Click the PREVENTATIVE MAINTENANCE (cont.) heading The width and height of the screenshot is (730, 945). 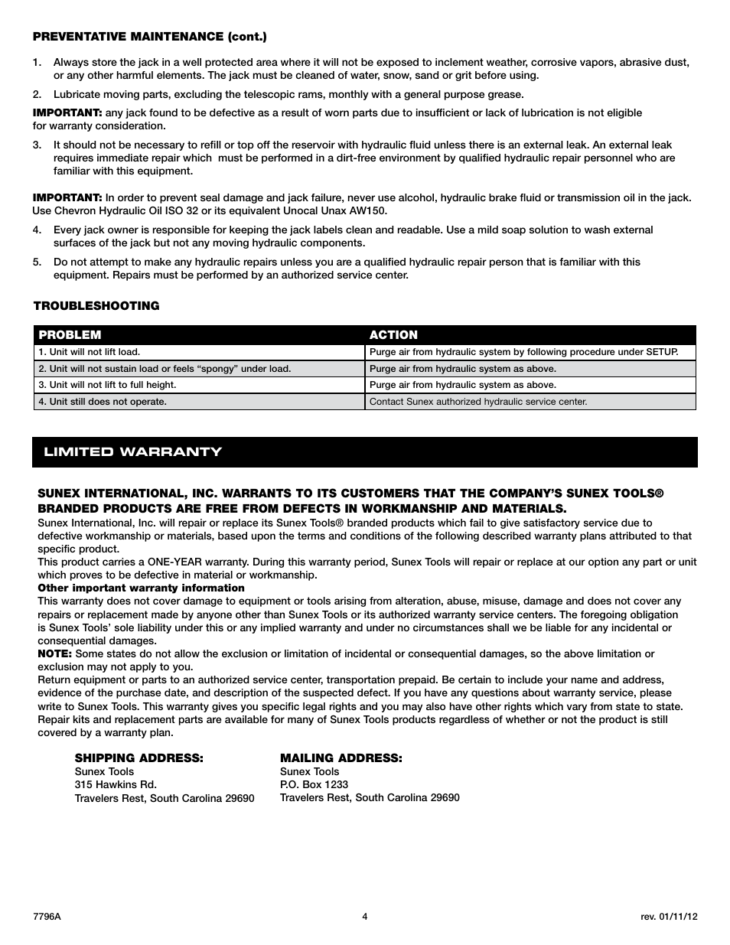pos(149,36)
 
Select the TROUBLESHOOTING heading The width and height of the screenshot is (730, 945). pos(96,306)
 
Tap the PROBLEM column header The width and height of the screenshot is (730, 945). pos(70,335)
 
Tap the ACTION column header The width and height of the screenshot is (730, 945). pos(393,335)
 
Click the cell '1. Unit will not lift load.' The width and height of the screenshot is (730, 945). pos(90,353)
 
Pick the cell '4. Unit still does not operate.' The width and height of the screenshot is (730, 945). pos(103,402)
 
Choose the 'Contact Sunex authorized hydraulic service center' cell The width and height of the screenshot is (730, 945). pos(478,402)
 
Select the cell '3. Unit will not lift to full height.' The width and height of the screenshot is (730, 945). pos(107,385)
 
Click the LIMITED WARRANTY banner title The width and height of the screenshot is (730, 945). pos(132,452)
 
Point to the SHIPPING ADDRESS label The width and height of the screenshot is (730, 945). pos(139,758)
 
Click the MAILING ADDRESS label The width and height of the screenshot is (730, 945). pos(341,758)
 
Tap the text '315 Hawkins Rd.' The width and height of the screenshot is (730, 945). pos(116,785)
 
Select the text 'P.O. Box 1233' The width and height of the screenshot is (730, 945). pos(314,785)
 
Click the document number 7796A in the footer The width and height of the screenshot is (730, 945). pos(47,917)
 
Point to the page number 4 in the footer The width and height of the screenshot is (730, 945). pos(365,917)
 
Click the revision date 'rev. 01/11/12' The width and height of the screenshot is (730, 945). pos(668,917)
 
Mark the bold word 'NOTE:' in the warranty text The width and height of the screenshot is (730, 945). pos(55,654)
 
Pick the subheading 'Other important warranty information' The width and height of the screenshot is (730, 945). pos(141,588)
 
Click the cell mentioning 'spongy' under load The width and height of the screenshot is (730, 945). pos(165,369)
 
